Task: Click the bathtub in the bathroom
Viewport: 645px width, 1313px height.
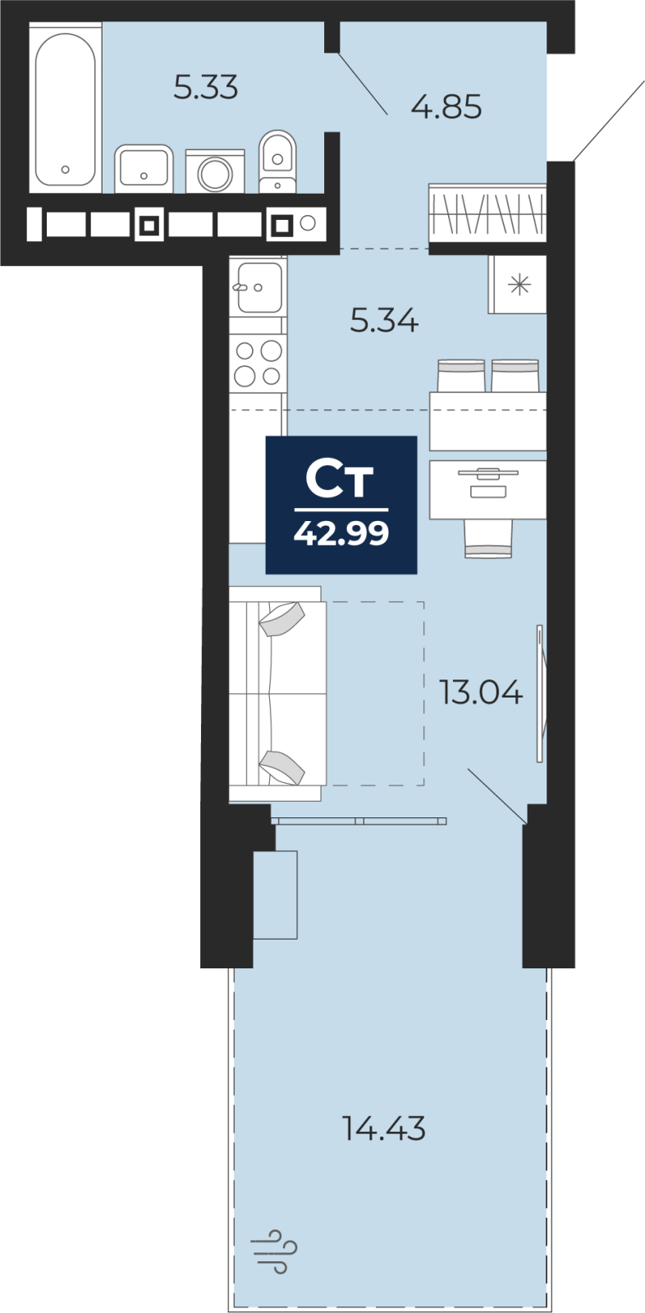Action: coord(65,108)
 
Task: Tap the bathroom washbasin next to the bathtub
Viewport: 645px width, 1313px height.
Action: coord(144,169)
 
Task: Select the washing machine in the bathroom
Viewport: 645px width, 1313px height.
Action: coord(215,172)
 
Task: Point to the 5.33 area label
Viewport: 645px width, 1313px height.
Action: coord(206,88)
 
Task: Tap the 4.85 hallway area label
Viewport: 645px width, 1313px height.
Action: coord(446,108)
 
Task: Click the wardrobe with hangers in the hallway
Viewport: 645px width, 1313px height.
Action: coord(487,213)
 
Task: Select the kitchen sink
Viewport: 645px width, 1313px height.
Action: coord(258,287)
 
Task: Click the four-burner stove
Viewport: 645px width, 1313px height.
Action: coord(258,364)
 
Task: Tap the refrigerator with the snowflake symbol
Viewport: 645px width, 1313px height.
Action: coord(518,285)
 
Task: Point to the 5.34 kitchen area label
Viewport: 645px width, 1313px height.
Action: coord(384,321)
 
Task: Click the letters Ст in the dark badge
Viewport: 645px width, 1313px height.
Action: coord(340,480)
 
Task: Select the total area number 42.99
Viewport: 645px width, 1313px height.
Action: coord(341,533)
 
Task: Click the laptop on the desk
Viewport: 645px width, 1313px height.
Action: coord(488,482)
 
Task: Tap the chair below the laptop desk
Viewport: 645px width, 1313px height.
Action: coord(488,538)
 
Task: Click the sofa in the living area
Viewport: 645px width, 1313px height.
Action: coord(277,693)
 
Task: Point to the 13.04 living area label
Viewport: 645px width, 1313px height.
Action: coord(481,693)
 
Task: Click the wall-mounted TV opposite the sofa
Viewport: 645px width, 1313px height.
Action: coord(542,693)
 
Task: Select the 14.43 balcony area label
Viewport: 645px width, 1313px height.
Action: coord(384,1128)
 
